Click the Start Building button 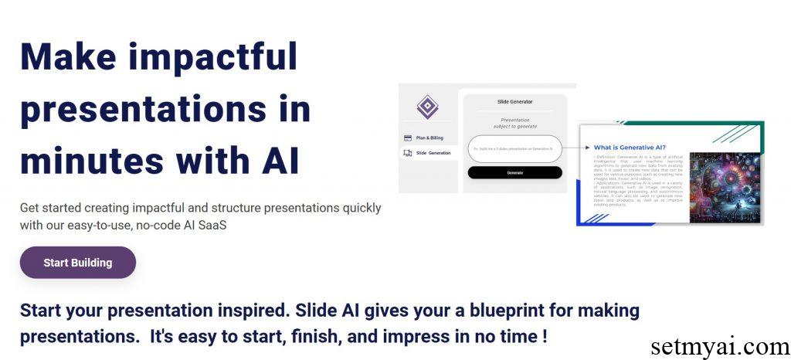(x=77, y=263)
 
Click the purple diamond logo (x=427, y=107)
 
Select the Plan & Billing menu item (x=429, y=138)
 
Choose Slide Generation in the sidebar (x=433, y=153)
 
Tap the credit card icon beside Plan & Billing (x=408, y=138)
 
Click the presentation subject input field (x=514, y=148)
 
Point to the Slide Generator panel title (x=514, y=101)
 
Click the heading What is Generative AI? (x=630, y=148)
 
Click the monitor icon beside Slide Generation (x=408, y=153)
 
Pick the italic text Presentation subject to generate (x=514, y=123)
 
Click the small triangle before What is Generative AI (x=588, y=148)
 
